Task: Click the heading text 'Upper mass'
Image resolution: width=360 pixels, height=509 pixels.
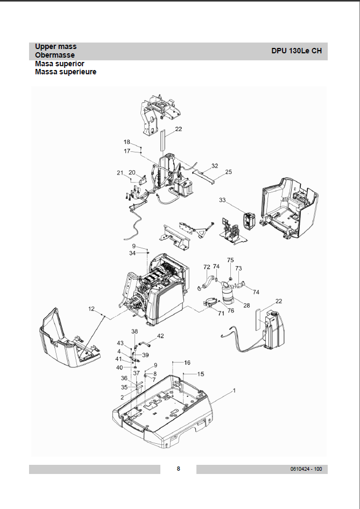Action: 55,47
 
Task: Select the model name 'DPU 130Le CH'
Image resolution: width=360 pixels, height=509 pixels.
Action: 297,51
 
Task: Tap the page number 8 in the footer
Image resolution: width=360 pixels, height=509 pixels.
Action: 179,469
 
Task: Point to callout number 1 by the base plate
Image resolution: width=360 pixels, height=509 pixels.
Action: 234,389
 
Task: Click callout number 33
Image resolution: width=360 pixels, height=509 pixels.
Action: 222,200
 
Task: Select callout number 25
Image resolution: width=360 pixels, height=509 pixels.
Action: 228,172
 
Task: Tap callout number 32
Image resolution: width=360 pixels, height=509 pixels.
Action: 214,166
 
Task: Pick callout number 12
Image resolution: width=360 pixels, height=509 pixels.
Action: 91,309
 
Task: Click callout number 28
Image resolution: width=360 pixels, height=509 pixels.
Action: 246,305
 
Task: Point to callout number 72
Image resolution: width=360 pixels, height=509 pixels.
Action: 207,267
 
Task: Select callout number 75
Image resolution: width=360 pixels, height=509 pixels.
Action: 230,260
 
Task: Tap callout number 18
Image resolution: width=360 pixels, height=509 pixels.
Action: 127,142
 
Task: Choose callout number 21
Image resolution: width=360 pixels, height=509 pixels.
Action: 120,172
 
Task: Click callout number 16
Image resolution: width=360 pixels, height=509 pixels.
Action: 187,362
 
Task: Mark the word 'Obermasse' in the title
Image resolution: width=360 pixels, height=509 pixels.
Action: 55,55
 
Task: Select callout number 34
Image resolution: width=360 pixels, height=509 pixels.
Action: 132,253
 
